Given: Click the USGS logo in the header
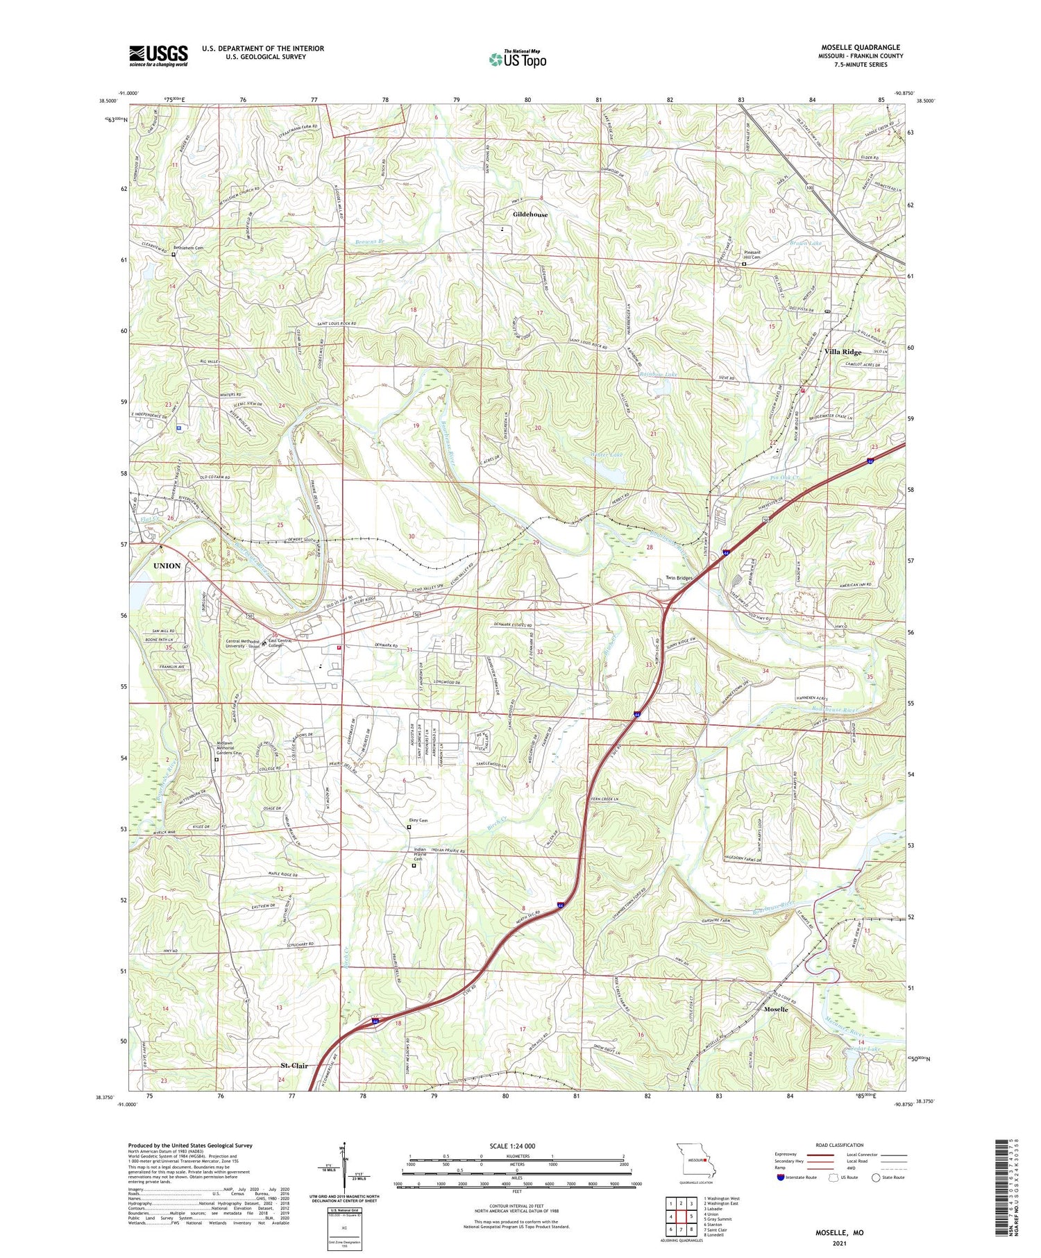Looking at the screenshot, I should tap(158, 56).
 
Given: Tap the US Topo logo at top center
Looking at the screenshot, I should tap(517, 59).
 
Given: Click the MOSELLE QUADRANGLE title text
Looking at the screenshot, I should tap(861, 47).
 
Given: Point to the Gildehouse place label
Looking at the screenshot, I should tap(530, 214).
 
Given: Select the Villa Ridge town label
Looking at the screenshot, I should tap(843, 352).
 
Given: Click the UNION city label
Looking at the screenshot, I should tap(167, 566).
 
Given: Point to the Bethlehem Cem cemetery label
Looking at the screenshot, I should tap(188, 248).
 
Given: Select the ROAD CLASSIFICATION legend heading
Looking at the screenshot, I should tap(840, 1145).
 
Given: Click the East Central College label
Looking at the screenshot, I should tap(282, 643).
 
